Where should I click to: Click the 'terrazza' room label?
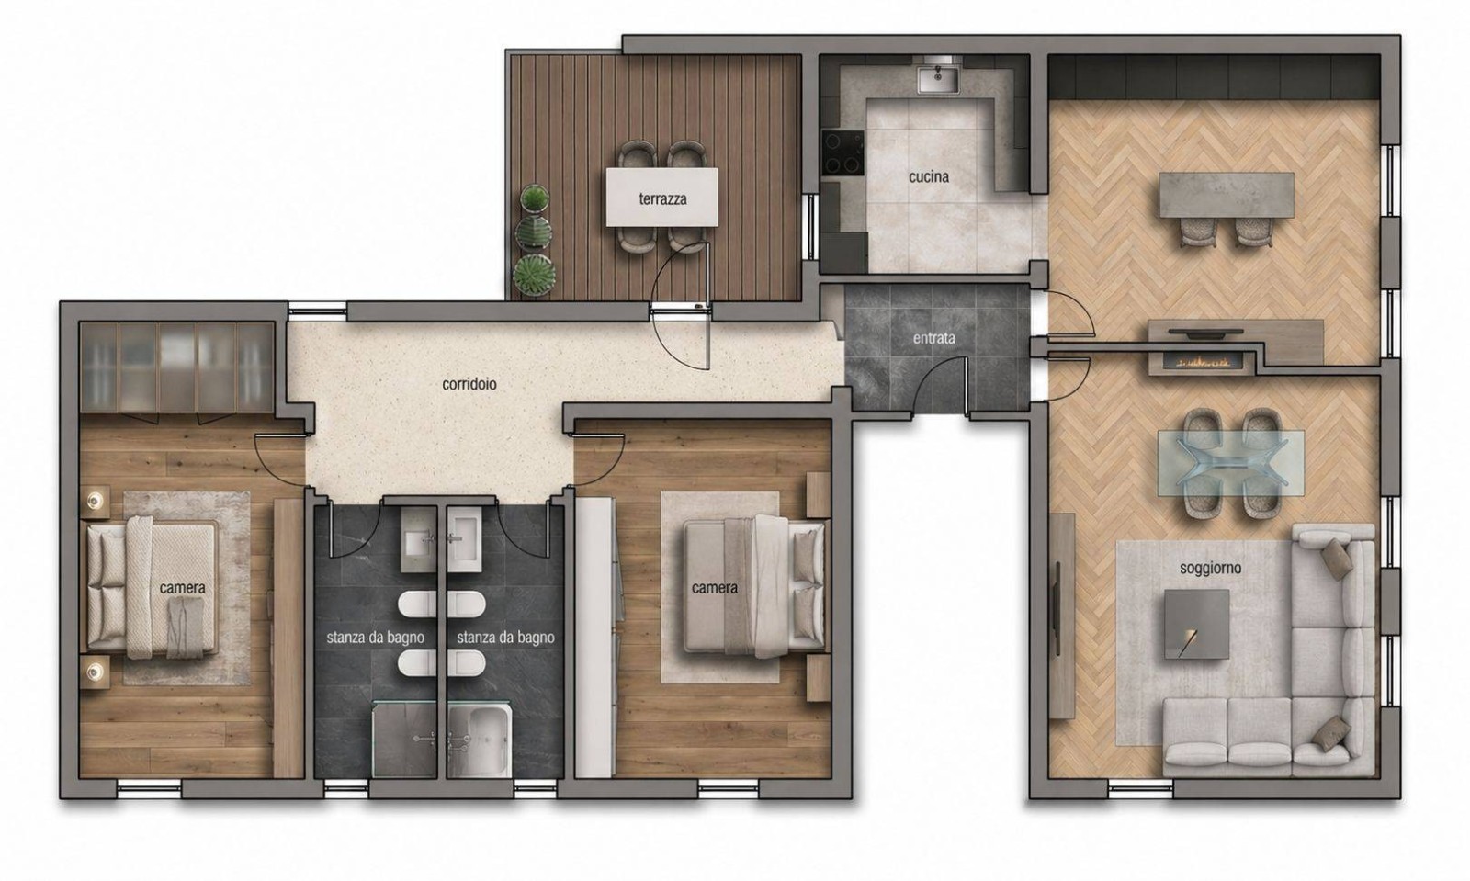coord(662,198)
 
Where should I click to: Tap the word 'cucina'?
coord(929,176)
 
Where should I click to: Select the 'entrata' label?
coord(933,338)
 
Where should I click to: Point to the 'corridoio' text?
coord(469,384)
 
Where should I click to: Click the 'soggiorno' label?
coord(1211,568)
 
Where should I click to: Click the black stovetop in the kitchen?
coord(842,152)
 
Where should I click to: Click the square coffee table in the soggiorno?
coord(1197,624)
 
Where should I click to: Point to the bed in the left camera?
coord(153,587)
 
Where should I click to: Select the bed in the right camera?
coord(754,586)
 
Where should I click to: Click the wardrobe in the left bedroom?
coord(177,367)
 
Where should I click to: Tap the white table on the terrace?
coord(661,197)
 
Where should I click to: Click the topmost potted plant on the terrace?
coord(537,198)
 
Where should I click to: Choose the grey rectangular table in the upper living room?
coord(1227,195)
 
